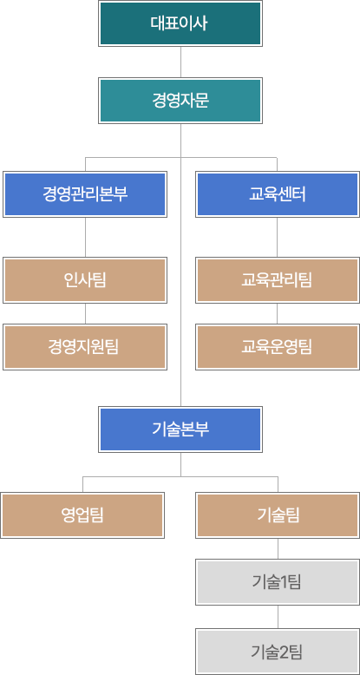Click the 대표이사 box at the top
click(180, 23)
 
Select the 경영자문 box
click(180, 101)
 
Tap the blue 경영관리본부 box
click(84, 193)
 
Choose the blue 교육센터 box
click(277, 193)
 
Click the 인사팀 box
click(84, 279)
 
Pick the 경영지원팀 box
click(84, 347)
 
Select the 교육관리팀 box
click(277, 279)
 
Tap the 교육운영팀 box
click(277, 347)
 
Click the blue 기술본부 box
click(180, 429)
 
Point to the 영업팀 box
click(82, 514)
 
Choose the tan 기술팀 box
click(278, 514)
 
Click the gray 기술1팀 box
click(278, 582)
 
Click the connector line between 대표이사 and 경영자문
click(180, 62)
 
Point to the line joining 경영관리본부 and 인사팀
click(85, 236)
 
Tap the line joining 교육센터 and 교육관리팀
click(277, 236)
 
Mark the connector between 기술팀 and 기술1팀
click(278, 548)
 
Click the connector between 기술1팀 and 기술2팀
click(278, 617)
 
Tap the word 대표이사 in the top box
click(180, 23)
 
